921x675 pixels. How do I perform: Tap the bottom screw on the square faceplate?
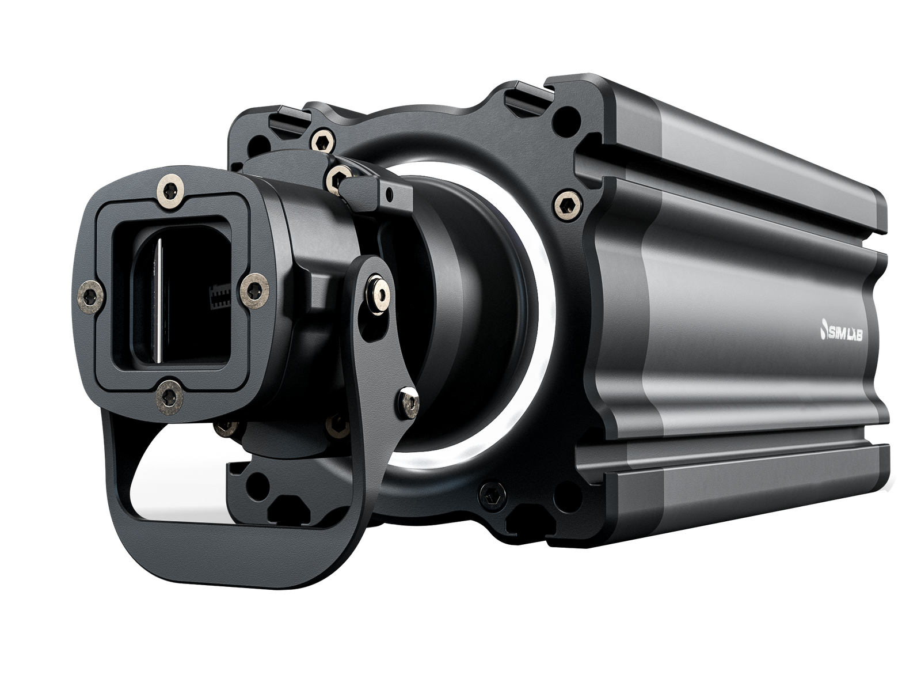point(169,395)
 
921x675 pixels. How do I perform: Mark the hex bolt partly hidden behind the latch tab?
point(336,176)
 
